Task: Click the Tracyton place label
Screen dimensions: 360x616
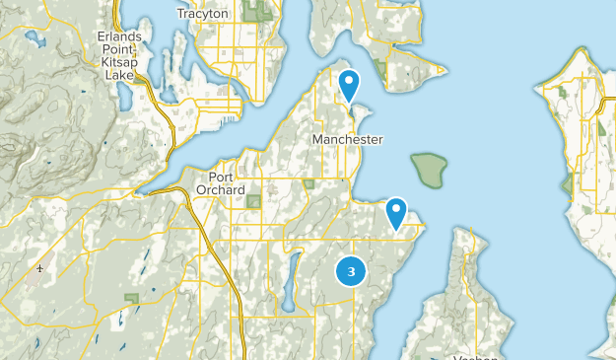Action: pos(202,14)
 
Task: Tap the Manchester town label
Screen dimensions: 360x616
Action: pos(347,140)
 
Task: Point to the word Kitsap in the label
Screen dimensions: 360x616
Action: pos(120,61)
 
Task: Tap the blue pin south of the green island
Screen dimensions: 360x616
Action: pos(396,212)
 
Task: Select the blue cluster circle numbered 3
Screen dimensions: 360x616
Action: pos(350,270)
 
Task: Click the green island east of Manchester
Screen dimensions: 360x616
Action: pos(429,170)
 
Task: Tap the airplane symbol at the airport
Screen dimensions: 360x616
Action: pos(40,268)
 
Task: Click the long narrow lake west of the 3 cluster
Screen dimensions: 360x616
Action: pos(290,280)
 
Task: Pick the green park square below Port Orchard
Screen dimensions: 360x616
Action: pos(252,201)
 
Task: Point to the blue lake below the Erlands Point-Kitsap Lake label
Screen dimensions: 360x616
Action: pos(124,96)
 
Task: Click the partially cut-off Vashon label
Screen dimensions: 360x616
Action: pos(473,357)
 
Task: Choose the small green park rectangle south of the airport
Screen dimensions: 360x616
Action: pos(130,298)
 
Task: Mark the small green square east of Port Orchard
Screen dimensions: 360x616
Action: pos(309,183)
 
